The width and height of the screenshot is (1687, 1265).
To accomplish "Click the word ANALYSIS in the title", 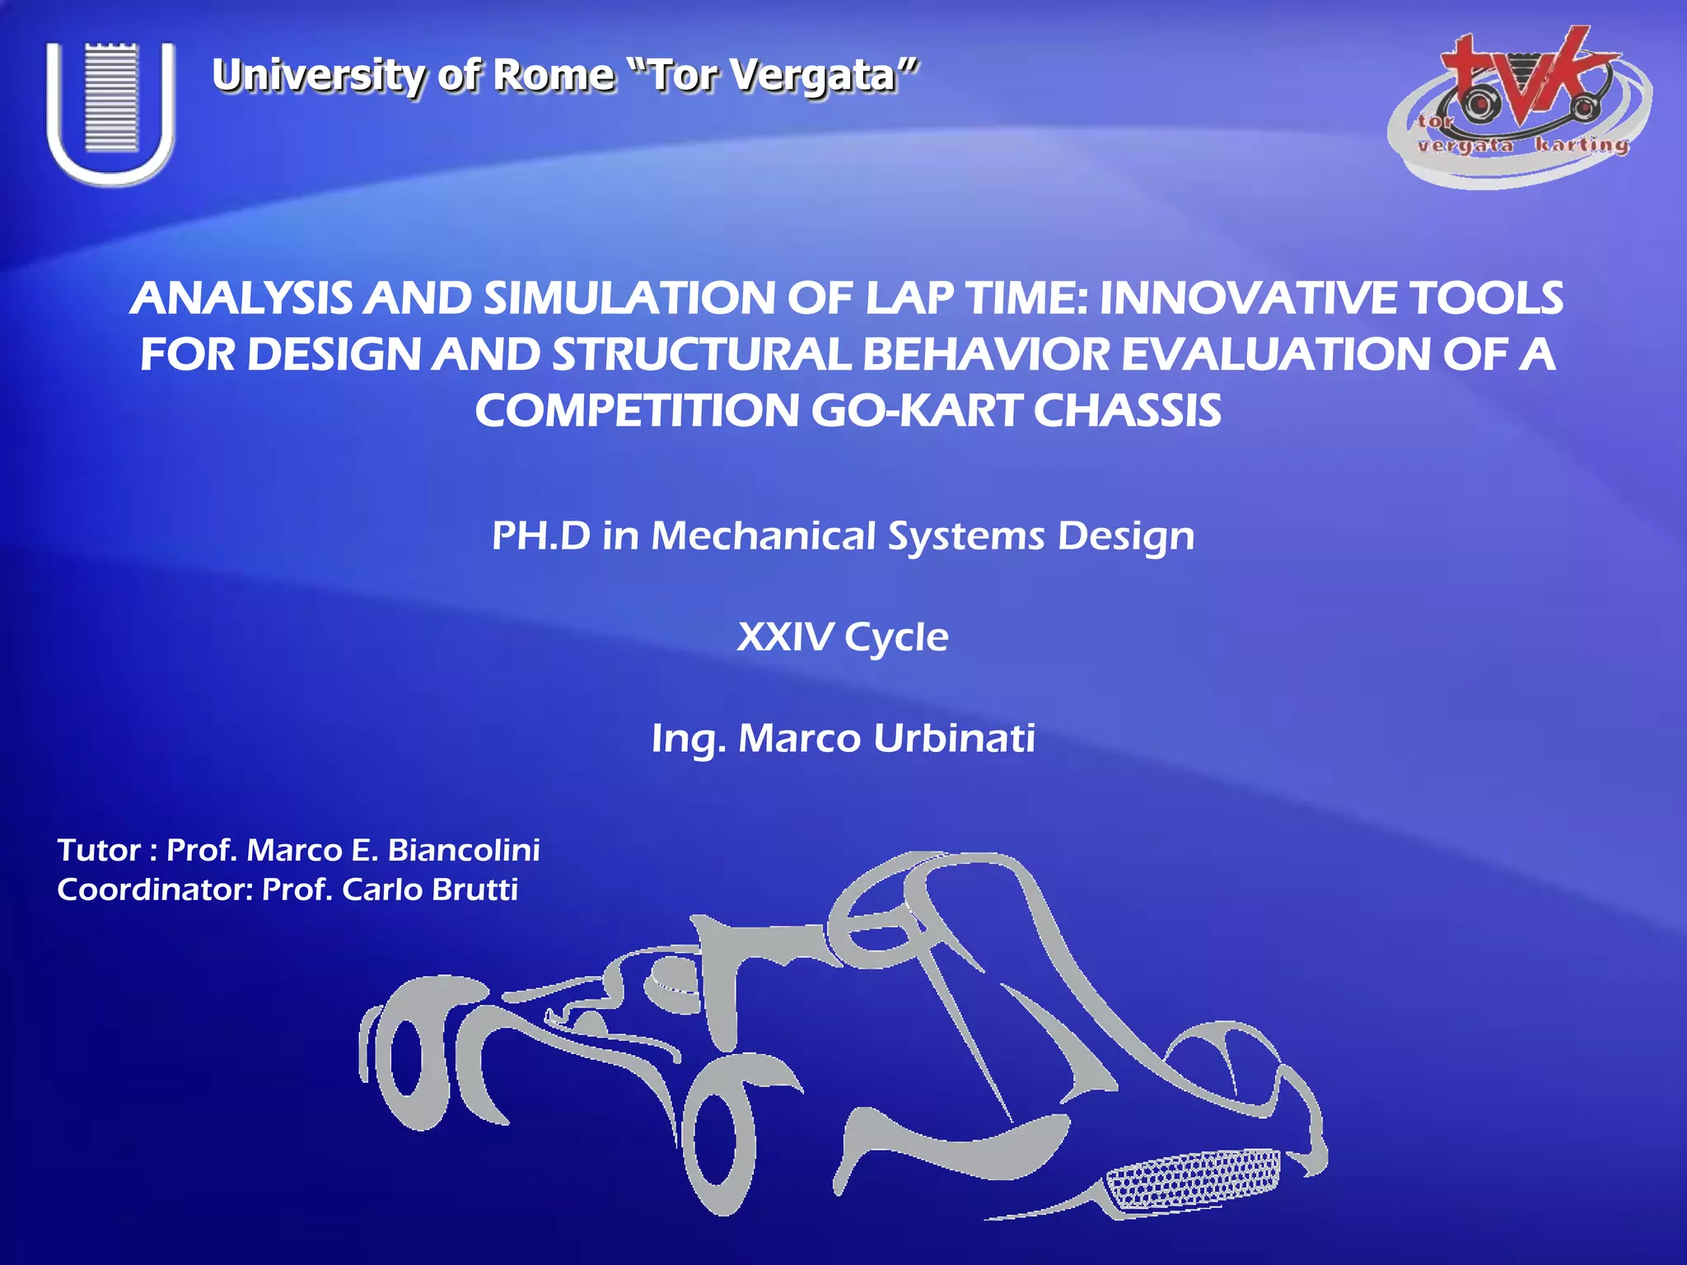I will pos(242,298).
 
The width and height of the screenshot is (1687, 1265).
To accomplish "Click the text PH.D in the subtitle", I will pos(540,536).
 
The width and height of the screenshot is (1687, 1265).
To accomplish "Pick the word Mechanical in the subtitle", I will pos(763,536).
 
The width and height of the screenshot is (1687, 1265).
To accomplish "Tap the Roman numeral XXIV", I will pos(784,637).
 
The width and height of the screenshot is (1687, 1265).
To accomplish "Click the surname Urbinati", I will pos(954,738).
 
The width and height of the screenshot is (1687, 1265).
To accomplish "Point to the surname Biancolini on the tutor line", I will pos(464,850).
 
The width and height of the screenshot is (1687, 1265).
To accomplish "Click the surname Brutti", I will pos(474,889).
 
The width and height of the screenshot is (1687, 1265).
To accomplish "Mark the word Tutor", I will pos(99,850).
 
